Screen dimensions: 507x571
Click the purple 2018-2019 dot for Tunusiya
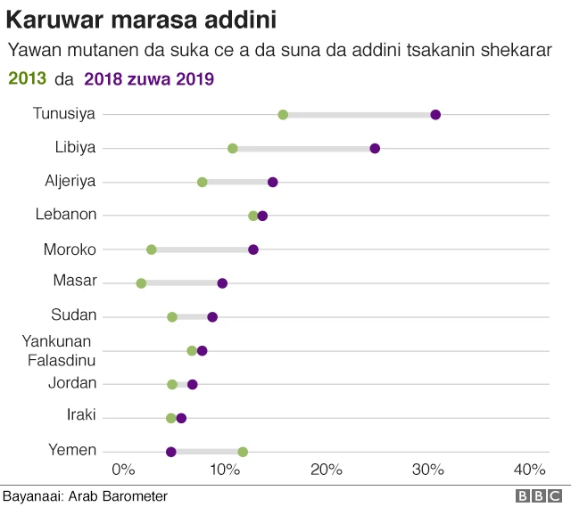tap(435, 114)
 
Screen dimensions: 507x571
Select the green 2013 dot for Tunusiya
tap(283, 114)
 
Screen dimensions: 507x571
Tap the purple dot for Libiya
tap(375, 148)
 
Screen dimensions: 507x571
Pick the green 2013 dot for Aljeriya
tap(203, 182)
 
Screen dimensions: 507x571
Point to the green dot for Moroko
tap(151, 249)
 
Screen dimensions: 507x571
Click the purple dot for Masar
tap(222, 283)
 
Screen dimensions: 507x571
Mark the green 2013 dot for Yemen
tap(243, 452)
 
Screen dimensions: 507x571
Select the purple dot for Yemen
tap(171, 452)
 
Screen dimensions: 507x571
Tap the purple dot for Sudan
tap(212, 316)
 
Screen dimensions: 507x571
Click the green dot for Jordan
tap(172, 384)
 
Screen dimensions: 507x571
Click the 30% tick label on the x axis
tap(429, 470)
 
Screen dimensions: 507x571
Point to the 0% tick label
tap(122, 470)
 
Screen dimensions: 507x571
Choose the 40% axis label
tap(531, 470)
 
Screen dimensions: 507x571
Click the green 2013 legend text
tap(26, 79)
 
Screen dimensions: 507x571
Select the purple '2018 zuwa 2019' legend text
tap(149, 79)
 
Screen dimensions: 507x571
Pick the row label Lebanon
tap(66, 215)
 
